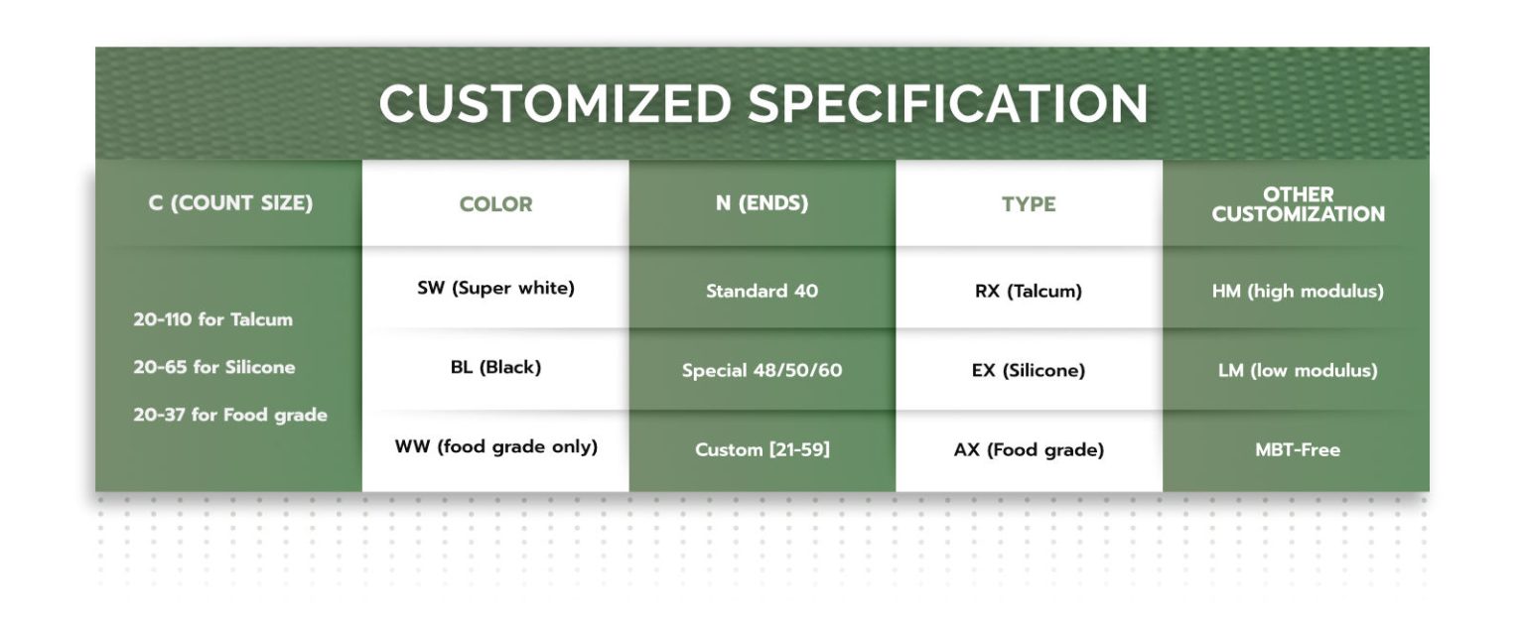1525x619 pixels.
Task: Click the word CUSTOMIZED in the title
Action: click(555, 104)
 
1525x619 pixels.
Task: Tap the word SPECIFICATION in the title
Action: click(948, 104)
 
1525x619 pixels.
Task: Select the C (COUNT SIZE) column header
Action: click(230, 202)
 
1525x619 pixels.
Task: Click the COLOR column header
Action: click(495, 204)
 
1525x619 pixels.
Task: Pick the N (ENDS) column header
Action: click(762, 202)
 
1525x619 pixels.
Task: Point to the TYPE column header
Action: click(1029, 204)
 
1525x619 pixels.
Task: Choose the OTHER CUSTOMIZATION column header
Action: click(1298, 204)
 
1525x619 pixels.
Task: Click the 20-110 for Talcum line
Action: click(212, 319)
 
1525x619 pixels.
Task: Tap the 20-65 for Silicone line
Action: click(213, 367)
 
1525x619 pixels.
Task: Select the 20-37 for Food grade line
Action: click(230, 415)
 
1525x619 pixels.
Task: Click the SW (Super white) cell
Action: click(495, 289)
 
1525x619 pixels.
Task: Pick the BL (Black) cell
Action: click(495, 367)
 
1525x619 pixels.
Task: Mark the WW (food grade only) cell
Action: click(495, 447)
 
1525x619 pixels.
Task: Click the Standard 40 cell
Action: click(762, 291)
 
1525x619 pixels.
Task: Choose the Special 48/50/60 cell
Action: click(762, 370)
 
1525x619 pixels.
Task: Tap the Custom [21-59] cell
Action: click(762, 449)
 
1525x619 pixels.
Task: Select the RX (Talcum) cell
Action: click(1028, 291)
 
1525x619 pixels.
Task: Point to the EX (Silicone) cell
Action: click(1028, 370)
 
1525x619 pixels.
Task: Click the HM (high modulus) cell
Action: click(1298, 291)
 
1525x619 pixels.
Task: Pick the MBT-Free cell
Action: click(1298, 449)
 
